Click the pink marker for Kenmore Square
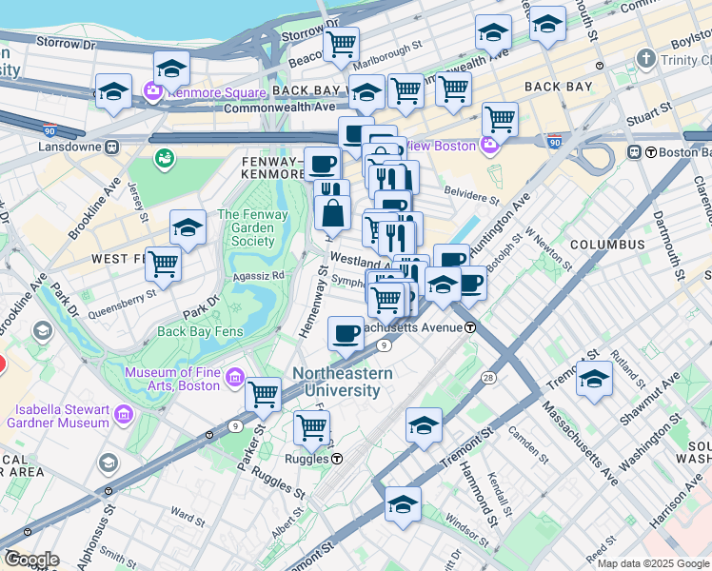click(152, 93)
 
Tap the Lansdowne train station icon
click(112, 148)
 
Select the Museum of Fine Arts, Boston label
click(171, 381)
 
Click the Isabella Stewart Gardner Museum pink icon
click(123, 415)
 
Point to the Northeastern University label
click(342, 382)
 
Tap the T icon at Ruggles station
click(337, 458)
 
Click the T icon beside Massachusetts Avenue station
click(470, 327)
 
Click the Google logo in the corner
click(31, 560)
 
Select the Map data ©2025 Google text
click(653, 563)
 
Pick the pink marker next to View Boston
click(490, 146)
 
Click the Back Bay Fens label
click(200, 331)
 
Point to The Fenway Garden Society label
click(252, 227)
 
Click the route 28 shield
click(488, 378)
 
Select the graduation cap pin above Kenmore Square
click(171, 68)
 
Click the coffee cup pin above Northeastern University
click(346, 333)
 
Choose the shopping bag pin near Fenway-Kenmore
click(333, 211)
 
